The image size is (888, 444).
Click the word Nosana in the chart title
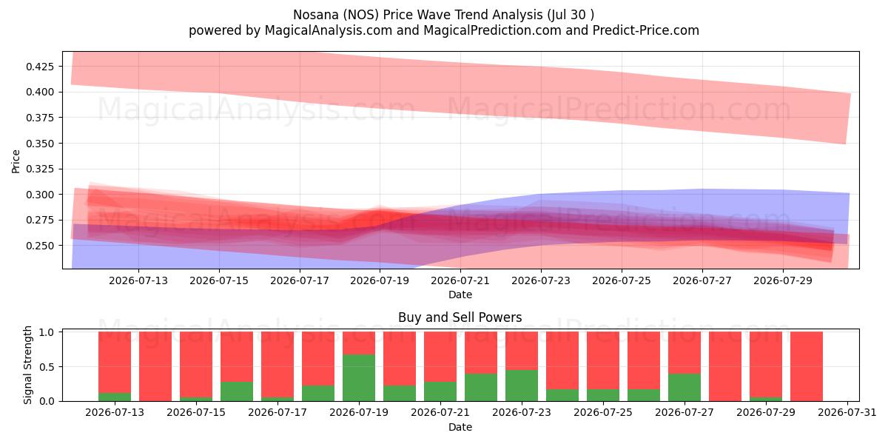pos(316,15)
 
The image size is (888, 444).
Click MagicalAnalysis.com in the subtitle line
pos(329,30)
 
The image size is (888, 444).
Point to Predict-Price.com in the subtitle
pos(646,30)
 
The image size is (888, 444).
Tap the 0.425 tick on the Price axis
pos(40,66)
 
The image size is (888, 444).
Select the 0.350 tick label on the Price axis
pos(40,143)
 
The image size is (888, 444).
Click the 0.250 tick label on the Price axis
pos(40,246)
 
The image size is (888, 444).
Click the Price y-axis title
pos(16,161)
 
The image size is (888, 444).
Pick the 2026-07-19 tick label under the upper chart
pos(380,280)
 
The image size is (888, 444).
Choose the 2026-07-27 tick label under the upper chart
pos(702,280)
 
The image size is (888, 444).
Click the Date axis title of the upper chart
pos(460,295)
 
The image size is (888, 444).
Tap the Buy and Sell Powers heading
pos(460,317)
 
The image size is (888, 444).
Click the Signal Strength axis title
pos(27,365)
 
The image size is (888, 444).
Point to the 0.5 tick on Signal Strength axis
pos(47,367)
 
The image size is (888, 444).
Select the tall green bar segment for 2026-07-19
pos(359,378)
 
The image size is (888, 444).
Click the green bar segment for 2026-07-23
pos(522,386)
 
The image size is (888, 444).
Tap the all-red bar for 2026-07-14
pos(155,366)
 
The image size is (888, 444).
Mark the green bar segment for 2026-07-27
pos(684,387)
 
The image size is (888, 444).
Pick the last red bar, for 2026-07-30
pos(807,366)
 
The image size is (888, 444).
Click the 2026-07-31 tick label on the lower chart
pos(847,412)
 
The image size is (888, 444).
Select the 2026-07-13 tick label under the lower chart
pos(115,412)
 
